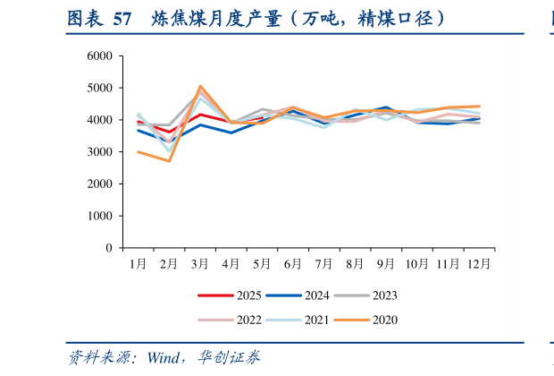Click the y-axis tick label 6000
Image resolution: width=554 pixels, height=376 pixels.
click(99, 56)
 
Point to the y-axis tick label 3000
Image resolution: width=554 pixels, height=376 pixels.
click(99, 152)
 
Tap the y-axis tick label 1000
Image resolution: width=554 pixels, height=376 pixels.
click(99, 216)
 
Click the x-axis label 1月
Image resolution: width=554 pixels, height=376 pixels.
click(138, 264)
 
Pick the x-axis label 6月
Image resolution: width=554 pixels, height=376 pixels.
click(292, 264)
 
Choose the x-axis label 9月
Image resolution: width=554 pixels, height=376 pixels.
click(385, 264)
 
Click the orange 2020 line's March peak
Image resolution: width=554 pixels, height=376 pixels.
click(199, 86)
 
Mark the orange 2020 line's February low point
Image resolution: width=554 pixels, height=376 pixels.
click(169, 160)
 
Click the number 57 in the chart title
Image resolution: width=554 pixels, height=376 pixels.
click(124, 18)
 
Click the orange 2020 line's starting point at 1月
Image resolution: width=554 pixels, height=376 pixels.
click(138, 151)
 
